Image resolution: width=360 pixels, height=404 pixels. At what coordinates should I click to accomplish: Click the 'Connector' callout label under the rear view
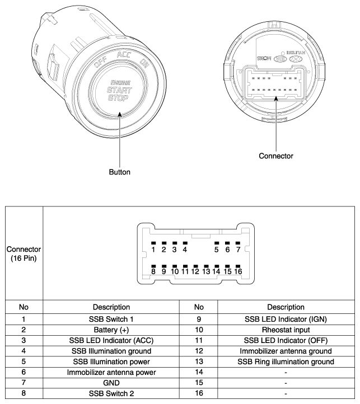[x=276, y=155]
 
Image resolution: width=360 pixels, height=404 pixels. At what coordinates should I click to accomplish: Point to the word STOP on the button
[x=118, y=100]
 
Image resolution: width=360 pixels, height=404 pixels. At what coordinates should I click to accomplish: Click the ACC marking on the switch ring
[x=124, y=55]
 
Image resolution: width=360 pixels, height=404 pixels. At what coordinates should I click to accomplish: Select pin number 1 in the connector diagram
[x=153, y=249]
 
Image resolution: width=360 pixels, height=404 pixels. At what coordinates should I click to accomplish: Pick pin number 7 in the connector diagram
[x=238, y=249]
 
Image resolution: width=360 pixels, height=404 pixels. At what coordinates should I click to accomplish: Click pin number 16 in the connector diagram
[x=238, y=271]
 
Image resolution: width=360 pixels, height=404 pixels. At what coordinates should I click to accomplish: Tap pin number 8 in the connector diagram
[x=153, y=271]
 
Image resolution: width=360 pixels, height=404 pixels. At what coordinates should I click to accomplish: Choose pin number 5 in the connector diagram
[x=217, y=249]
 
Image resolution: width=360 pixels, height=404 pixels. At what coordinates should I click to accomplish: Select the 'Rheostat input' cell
[x=286, y=330]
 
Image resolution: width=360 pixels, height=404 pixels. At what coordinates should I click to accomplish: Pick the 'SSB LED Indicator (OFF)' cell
[x=286, y=341]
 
